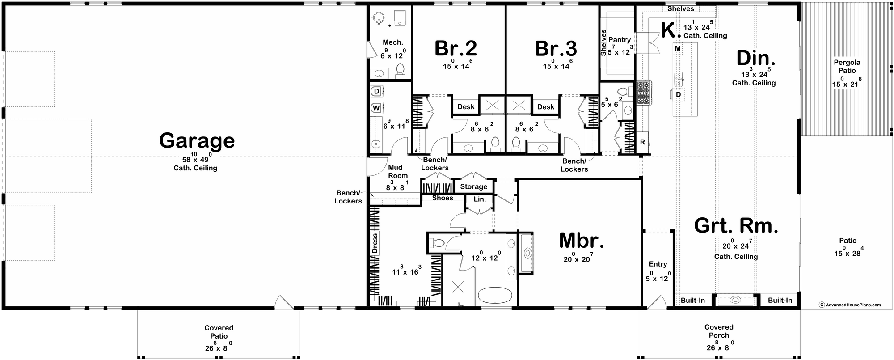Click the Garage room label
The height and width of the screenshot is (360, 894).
point(197,140)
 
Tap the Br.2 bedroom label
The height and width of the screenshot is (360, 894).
point(456,48)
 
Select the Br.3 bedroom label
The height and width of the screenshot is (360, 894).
point(556,48)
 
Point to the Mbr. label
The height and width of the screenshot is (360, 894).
point(582,241)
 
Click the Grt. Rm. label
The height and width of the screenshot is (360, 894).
point(736,226)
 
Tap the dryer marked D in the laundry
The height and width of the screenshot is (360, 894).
point(376,92)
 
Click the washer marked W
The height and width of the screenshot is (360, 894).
point(376,108)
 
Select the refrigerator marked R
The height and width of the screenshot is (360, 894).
point(642,142)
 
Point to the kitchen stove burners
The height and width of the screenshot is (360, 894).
point(644,93)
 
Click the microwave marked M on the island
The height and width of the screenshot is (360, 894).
point(678,48)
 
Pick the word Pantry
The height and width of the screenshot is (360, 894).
point(620,40)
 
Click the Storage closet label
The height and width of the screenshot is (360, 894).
point(473,186)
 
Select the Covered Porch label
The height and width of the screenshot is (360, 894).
point(719,331)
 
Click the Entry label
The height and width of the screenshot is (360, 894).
point(658,264)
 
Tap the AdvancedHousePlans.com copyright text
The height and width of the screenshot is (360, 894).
point(849,305)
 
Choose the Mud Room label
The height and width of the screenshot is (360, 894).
point(395,172)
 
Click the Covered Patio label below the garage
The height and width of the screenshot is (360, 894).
point(219,332)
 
